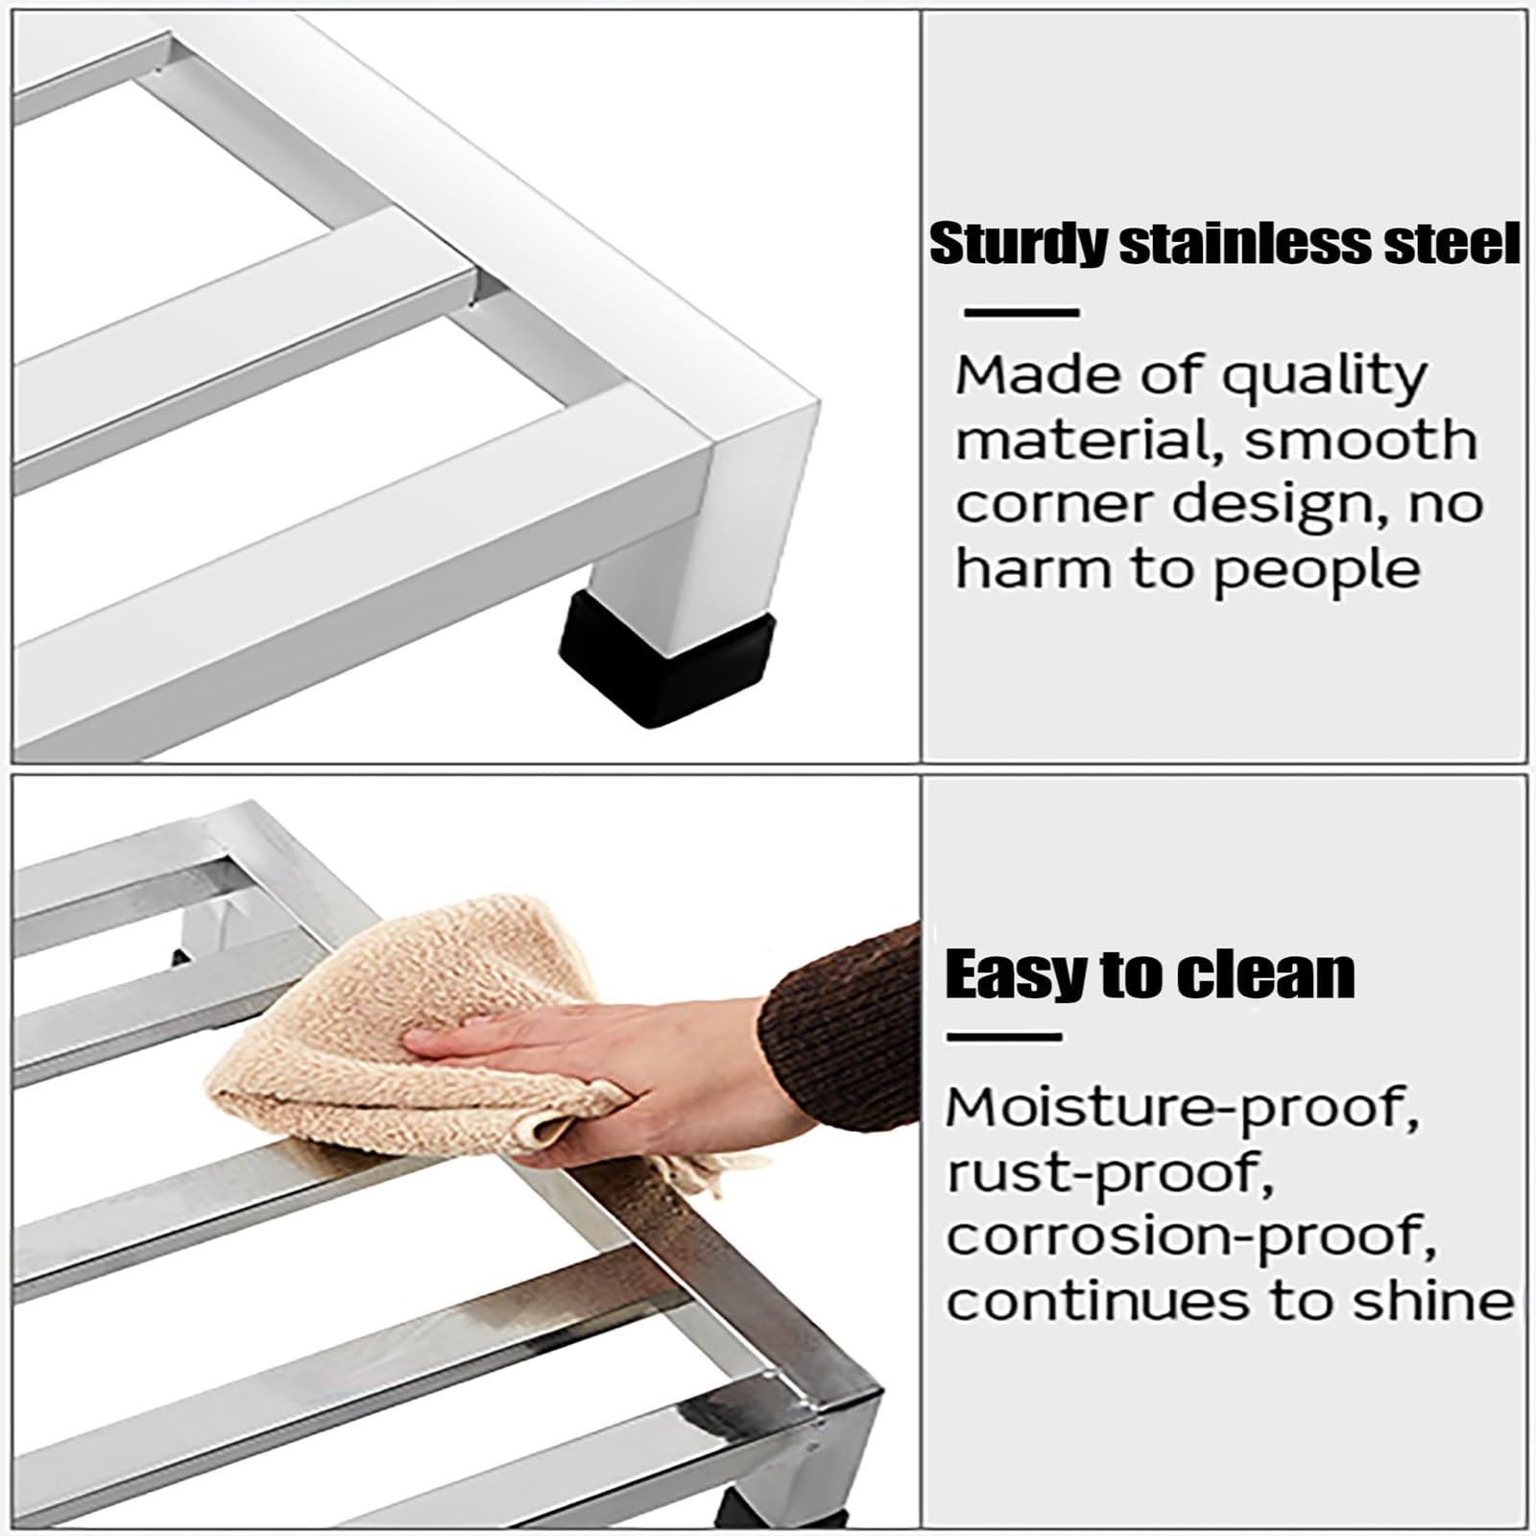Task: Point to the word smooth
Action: click(1361, 441)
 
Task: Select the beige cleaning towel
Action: click(422, 1027)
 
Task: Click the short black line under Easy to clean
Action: click(1003, 1037)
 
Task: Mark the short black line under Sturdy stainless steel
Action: click(1021, 312)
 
